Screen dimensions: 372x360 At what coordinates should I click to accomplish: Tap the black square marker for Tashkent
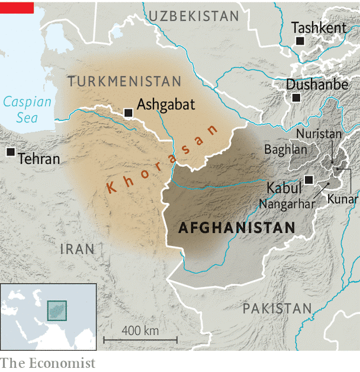[300, 41]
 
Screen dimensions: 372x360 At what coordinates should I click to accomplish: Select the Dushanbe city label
[317, 84]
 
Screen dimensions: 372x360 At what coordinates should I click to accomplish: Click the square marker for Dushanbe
[296, 98]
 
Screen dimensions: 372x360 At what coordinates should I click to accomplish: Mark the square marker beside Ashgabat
[128, 112]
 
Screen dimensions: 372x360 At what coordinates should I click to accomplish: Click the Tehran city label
[39, 158]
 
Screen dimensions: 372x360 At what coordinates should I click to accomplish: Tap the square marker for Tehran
[11, 152]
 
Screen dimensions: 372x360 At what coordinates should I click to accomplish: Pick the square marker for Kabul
[308, 180]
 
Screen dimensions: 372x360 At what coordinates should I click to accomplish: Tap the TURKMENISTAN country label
[124, 81]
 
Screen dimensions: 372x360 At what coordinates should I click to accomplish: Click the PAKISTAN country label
[277, 308]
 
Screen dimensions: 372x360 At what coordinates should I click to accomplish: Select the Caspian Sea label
[27, 109]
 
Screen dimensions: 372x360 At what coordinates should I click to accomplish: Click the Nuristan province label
[319, 134]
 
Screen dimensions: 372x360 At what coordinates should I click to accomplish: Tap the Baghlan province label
[286, 150]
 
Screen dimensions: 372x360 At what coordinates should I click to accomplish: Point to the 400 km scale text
[140, 330]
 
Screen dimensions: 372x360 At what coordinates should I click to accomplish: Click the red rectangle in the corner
[17, 7]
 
